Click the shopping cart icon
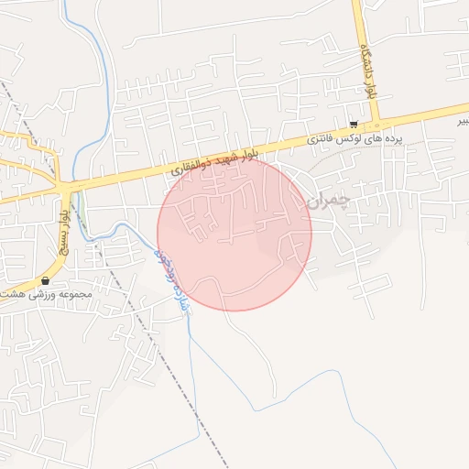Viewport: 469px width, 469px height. point(354,124)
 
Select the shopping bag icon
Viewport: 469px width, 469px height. point(45,280)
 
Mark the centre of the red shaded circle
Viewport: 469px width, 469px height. point(234,234)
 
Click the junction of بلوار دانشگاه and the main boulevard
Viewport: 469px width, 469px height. point(376,125)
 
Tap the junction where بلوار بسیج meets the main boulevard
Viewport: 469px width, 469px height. point(68,187)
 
